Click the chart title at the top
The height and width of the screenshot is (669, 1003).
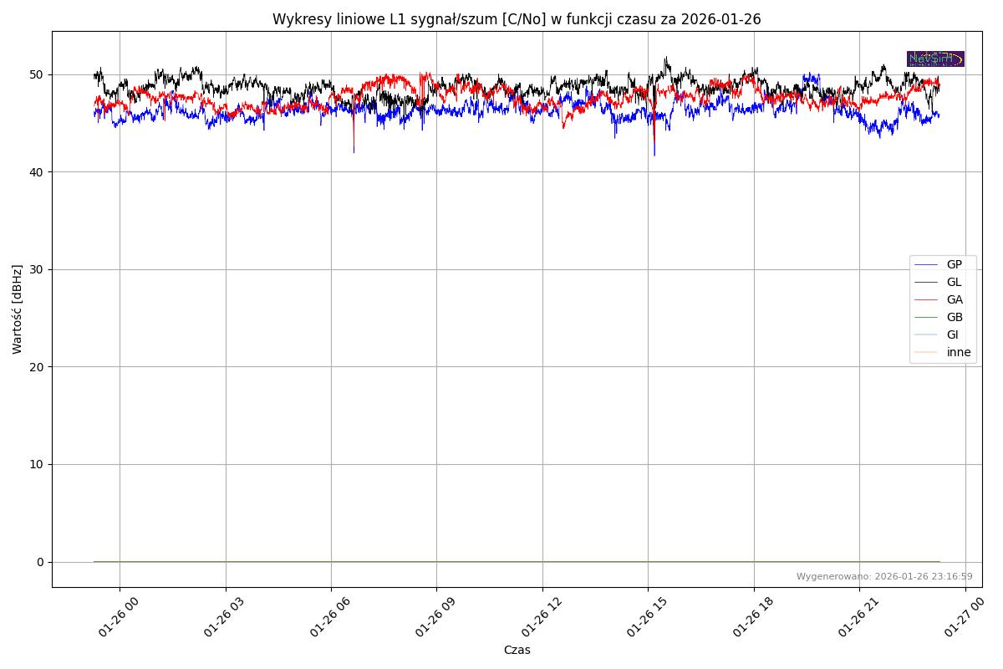(x=517, y=19)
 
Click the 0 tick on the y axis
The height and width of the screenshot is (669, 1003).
(x=40, y=562)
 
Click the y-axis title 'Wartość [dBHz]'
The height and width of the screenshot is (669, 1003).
(x=18, y=309)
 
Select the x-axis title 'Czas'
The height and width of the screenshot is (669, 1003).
(x=517, y=650)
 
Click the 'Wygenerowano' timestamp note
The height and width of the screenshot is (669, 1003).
(x=884, y=576)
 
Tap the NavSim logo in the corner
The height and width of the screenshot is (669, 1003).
(x=935, y=59)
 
